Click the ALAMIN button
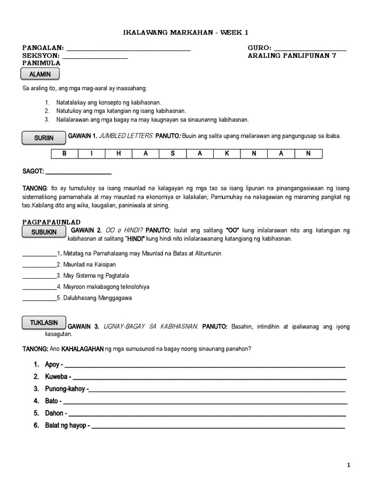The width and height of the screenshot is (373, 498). tap(40, 74)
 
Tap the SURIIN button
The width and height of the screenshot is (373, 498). tap(44, 138)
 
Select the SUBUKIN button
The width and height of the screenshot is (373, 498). tap(44, 232)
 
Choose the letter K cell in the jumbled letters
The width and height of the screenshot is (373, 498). tap(226, 154)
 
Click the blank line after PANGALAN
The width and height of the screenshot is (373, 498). tap(128, 49)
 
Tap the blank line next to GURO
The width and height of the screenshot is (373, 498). tap(310, 49)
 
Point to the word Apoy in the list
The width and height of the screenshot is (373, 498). tap(51, 365)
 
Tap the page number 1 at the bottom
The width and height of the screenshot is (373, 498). tap(348, 465)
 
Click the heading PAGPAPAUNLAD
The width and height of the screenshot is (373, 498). tap(51, 222)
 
